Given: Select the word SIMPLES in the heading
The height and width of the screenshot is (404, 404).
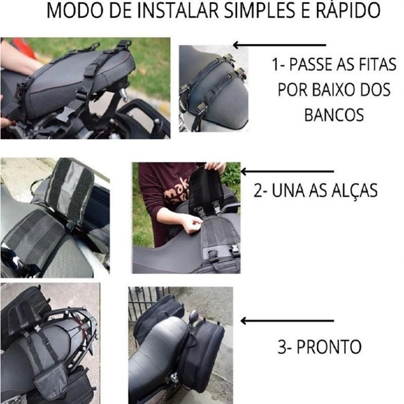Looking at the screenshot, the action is (260, 10).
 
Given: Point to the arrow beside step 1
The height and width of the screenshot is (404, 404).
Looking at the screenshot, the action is (279, 45).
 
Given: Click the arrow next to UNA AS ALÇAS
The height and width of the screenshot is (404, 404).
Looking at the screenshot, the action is (287, 171).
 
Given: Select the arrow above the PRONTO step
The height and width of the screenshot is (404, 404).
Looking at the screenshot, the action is (287, 321).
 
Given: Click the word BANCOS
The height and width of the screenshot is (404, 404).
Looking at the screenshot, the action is (334, 115).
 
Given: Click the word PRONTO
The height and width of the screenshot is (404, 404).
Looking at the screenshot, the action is (329, 347).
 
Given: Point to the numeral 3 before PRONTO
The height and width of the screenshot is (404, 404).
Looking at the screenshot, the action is (282, 347).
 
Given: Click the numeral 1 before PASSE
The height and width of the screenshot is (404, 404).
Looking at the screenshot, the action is (276, 64).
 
